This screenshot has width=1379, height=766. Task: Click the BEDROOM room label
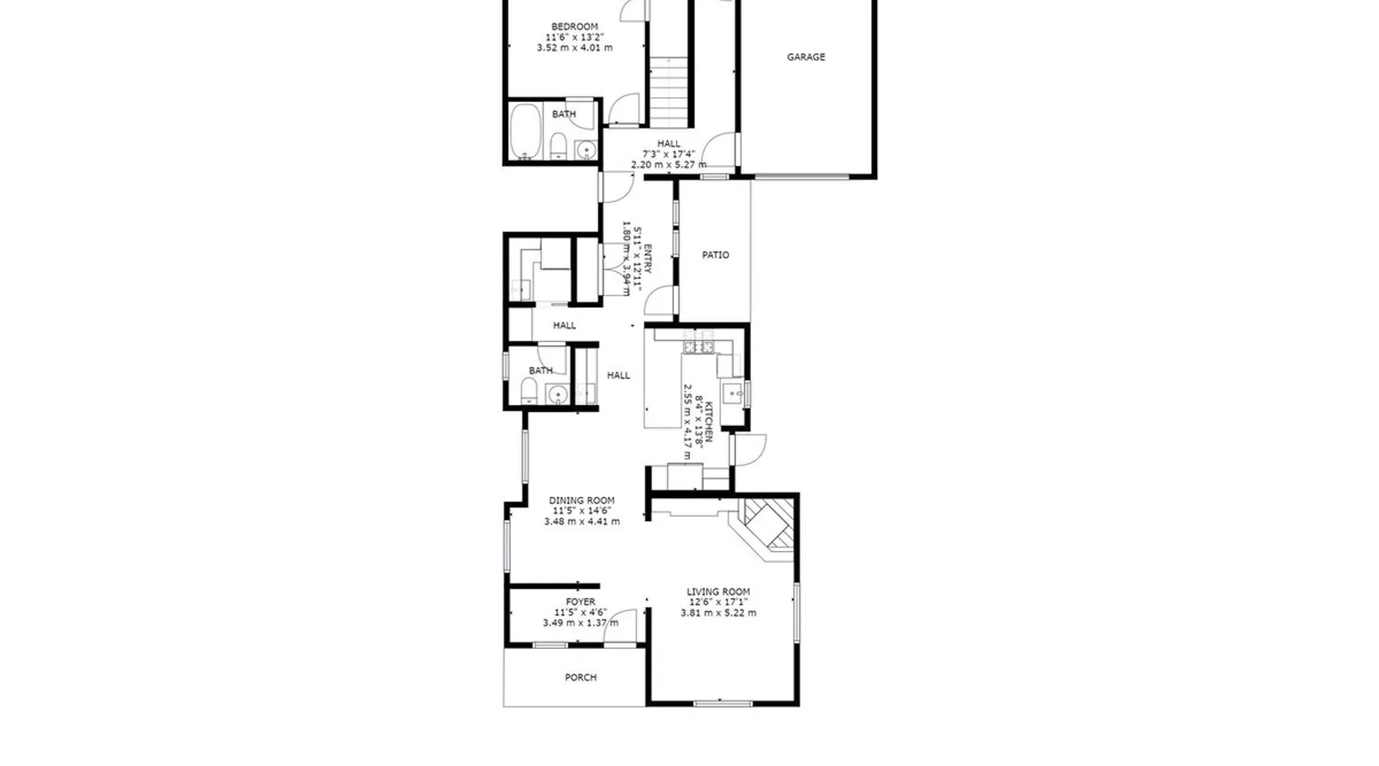[575, 27]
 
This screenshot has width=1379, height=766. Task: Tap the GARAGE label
[806, 57]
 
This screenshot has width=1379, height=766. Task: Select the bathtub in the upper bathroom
[526, 131]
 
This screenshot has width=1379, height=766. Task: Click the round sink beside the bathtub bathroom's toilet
[586, 149]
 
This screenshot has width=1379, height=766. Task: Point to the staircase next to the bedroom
[670, 92]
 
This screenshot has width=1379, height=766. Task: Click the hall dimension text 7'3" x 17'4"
[669, 154]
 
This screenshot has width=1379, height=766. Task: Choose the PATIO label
[716, 255]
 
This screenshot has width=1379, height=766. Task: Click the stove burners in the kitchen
[699, 348]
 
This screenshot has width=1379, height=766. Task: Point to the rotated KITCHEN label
[709, 422]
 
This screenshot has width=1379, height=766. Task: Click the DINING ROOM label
[581, 501]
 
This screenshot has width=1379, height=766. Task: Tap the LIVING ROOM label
[719, 592]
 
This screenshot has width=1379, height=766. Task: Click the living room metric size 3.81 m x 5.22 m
[719, 613]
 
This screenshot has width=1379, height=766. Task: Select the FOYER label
[581, 602]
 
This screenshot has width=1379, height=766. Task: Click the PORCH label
[581, 678]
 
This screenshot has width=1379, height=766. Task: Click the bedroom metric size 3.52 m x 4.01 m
[575, 47]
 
